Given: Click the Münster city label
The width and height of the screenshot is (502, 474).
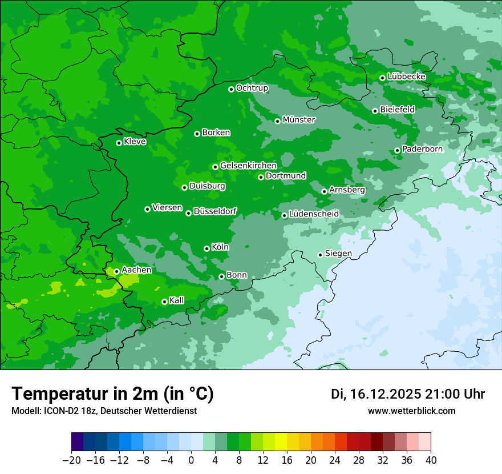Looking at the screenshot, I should pyautogui.click(x=299, y=120).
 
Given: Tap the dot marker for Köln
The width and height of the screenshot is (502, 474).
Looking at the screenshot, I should pyautogui.click(x=207, y=248).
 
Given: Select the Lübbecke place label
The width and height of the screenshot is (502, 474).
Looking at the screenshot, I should pyautogui.click(x=406, y=77).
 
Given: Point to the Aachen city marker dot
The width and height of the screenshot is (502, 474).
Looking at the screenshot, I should pyautogui.click(x=116, y=272).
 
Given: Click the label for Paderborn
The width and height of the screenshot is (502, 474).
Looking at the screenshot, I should pyautogui.click(x=422, y=149).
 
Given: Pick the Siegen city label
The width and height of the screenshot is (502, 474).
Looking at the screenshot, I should pyautogui.click(x=338, y=254).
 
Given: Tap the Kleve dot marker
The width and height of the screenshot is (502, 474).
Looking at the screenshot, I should pyautogui.click(x=119, y=143).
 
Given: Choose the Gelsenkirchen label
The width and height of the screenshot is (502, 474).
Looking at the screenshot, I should pyautogui.click(x=248, y=166).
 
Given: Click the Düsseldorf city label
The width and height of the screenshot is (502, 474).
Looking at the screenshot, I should pyautogui.click(x=215, y=211).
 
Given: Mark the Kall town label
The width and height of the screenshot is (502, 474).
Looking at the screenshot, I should pyautogui.click(x=177, y=300).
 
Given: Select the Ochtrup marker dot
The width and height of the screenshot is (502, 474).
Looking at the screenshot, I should pyautogui.click(x=231, y=89).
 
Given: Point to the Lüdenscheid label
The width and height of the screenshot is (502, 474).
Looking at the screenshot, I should pyautogui.click(x=314, y=214).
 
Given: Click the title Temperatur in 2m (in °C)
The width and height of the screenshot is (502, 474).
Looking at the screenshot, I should pyautogui.click(x=112, y=393).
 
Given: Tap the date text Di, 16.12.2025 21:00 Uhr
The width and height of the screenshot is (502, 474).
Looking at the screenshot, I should pyautogui.click(x=408, y=394).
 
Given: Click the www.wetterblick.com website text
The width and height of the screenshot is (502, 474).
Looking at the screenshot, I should pyautogui.click(x=411, y=411).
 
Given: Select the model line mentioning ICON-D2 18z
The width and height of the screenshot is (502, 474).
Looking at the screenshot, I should pyautogui.click(x=104, y=411).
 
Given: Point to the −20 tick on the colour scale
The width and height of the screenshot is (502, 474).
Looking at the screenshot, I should pyautogui.click(x=71, y=460).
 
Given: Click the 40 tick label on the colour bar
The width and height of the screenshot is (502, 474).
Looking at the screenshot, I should pyautogui.click(x=431, y=460).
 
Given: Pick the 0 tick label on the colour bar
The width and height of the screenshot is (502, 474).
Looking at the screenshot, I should pyautogui.click(x=191, y=460).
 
